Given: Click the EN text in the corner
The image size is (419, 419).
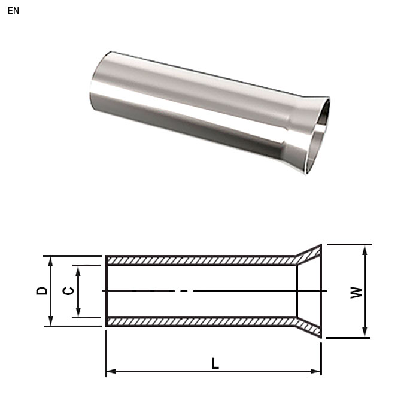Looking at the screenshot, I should [x=13, y=11].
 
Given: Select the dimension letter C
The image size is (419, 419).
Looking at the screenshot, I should [x=69, y=291].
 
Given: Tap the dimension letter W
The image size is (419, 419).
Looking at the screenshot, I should [x=356, y=292].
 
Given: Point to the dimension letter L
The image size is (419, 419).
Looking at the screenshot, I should [x=215, y=363].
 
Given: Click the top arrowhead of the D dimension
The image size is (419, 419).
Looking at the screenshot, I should [x=51, y=260].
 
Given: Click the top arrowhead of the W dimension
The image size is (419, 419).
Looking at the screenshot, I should [x=364, y=248].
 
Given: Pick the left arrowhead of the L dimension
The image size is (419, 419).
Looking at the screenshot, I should [x=110, y=372].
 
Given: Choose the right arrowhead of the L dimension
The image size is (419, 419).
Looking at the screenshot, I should [x=317, y=372].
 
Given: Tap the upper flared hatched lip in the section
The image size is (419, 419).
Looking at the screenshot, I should [x=309, y=254].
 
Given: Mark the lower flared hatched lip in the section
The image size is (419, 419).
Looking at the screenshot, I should [x=309, y=328].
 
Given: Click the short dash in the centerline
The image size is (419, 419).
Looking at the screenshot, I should [x=184, y=291].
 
